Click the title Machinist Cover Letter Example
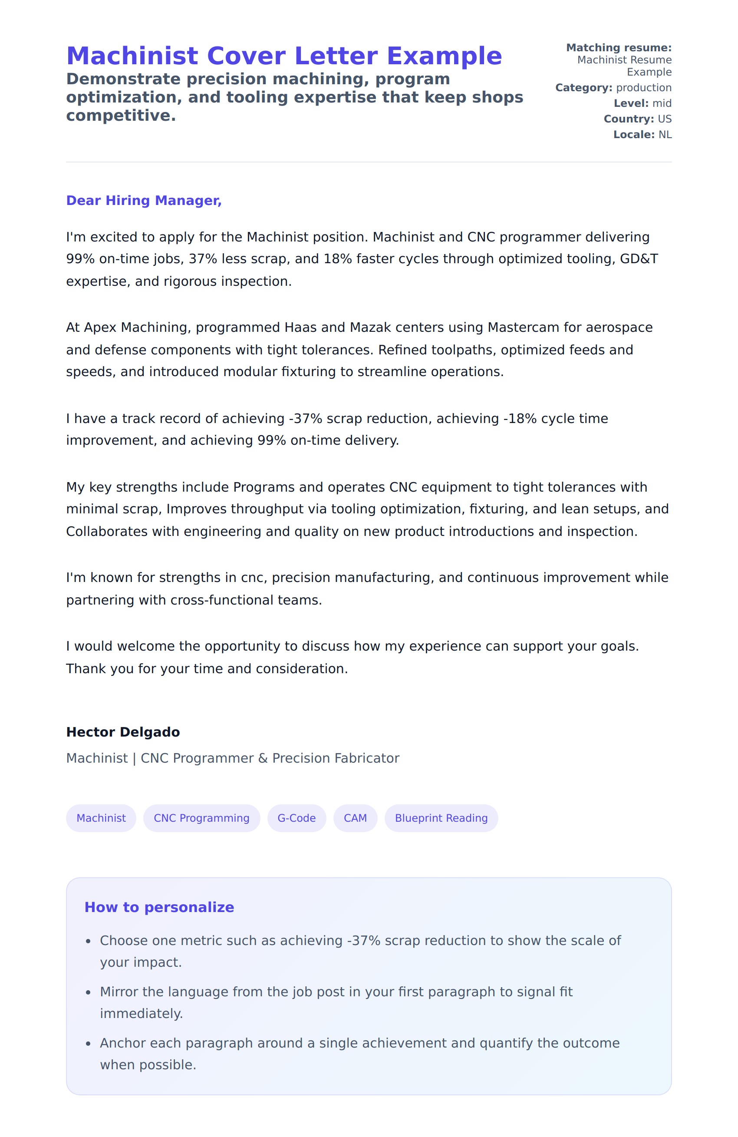coord(284,56)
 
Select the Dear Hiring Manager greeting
coord(144,201)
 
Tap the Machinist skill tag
coord(101,818)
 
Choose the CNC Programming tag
coord(201,818)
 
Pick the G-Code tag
coord(296,818)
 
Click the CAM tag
coord(355,818)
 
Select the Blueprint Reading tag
coord(441,818)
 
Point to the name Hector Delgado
coord(123,732)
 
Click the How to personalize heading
coord(159,907)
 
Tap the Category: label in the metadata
coord(583,88)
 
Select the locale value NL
coord(665,135)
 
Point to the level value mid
coord(662,103)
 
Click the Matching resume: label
coord(619,48)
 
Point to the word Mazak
coord(369,328)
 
